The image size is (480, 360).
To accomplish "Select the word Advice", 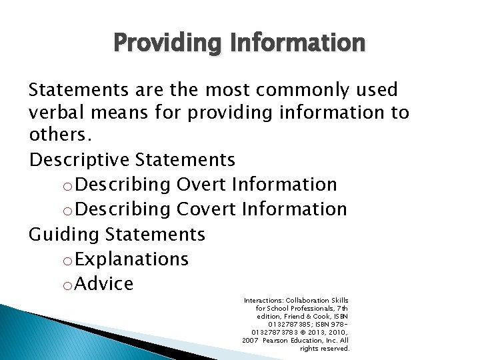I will pos(105,284).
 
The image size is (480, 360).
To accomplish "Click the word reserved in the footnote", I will pos(335,349).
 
